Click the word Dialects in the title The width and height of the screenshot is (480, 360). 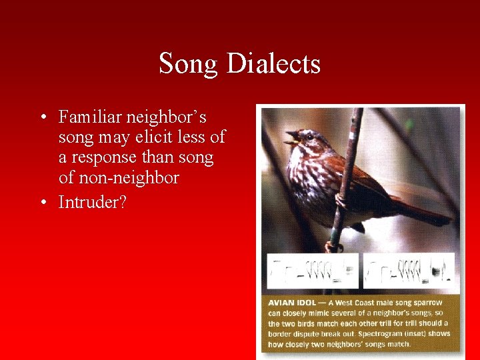(x=273, y=64)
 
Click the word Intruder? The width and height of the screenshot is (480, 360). (x=92, y=201)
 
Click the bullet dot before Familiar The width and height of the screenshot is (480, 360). (x=43, y=118)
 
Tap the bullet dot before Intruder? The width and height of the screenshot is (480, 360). (x=43, y=202)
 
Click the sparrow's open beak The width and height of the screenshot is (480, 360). (x=291, y=138)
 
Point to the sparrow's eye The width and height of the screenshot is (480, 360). (x=308, y=137)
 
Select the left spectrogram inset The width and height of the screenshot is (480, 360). (x=312, y=271)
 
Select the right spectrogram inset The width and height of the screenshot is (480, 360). (x=408, y=271)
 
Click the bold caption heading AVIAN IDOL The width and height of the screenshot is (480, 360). (x=291, y=303)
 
